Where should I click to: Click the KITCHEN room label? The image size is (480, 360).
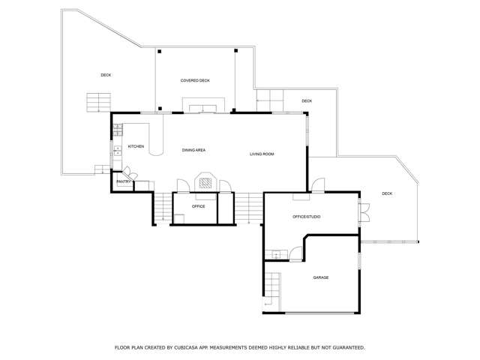point(136,146)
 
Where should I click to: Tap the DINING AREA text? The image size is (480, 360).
point(193,150)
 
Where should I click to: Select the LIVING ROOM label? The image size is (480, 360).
point(262,154)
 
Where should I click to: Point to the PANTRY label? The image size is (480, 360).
point(124,181)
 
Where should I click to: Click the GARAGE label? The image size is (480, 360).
point(320,277)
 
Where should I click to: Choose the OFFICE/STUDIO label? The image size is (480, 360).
point(306,217)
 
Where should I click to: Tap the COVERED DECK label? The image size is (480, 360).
point(195,80)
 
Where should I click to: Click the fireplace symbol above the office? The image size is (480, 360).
point(205,181)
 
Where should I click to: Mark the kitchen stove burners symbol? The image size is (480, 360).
point(118,129)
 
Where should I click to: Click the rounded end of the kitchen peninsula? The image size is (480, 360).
point(157,151)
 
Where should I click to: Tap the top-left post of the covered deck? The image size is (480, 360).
point(158,51)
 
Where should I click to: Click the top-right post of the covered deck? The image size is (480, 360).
point(235,51)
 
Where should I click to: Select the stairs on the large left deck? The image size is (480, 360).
point(97,102)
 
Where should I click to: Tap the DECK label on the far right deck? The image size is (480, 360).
point(387,193)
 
